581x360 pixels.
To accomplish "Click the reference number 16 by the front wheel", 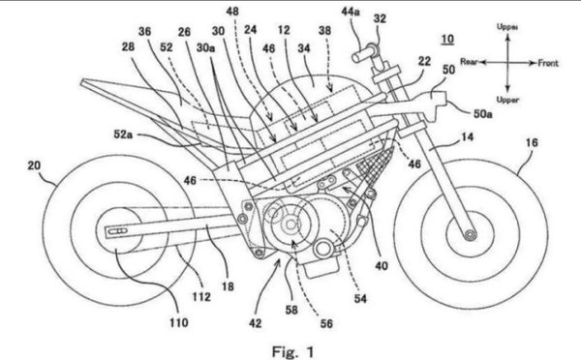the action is click(532, 142).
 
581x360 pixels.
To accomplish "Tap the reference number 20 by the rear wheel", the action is click(34, 165).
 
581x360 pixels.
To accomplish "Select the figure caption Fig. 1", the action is click(292, 351).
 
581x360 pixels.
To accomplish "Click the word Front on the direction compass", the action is click(548, 63).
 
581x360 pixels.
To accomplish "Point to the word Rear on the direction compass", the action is click(469, 62).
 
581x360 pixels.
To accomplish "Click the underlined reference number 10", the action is click(447, 39).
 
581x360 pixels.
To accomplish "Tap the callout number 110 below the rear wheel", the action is click(179, 322).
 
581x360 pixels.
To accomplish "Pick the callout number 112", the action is click(201, 296).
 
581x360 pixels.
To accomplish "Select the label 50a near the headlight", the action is click(483, 113).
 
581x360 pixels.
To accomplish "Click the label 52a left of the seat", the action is click(123, 135).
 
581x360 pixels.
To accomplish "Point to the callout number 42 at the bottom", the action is click(255, 323).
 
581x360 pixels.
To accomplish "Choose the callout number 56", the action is click(326, 323).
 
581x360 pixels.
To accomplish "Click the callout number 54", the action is click(360, 298).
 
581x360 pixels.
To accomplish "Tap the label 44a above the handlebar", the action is click(351, 12).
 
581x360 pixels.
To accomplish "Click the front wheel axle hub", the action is click(471, 234).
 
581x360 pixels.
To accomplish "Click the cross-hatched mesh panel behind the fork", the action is click(374, 165).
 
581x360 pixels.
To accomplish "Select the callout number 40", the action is click(382, 265).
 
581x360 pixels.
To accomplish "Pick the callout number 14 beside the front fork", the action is click(468, 137).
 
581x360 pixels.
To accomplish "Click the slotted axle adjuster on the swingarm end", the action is click(118, 231).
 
